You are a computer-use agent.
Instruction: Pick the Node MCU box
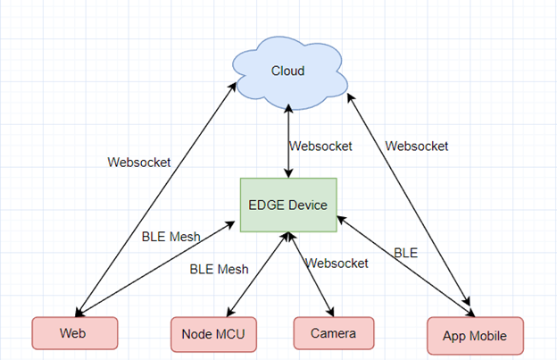coord(213,334)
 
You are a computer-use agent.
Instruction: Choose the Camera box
coord(333,333)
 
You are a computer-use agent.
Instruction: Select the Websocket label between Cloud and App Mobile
coord(417,145)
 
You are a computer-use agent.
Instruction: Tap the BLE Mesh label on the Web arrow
coord(170,237)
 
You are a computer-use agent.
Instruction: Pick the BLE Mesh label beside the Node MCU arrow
coord(219,268)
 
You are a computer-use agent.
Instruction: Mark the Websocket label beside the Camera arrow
coord(337,263)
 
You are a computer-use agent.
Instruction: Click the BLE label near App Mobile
coord(406,252)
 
